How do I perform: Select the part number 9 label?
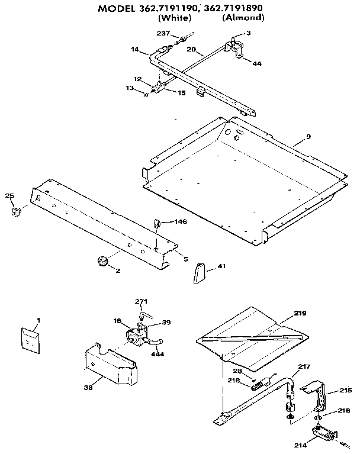(308, 137)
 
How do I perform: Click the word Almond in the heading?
(243, 18)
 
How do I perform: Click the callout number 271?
(140, 301)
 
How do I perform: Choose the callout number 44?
(256, 63)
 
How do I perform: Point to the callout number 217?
(304, 367)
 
